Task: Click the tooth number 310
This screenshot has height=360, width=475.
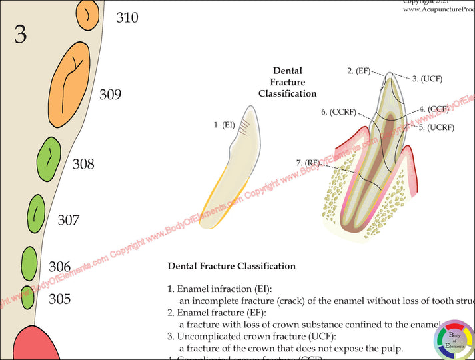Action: pos(127,17)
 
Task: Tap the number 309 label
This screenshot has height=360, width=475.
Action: pos(111,94)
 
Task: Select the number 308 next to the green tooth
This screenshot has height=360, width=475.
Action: pos(83,164)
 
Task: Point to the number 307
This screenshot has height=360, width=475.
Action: pos(69,220)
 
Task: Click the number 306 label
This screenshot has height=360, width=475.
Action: pos(59,267)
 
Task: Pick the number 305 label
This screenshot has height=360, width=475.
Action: pos(59,299)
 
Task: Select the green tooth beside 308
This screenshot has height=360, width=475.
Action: pos(49,161)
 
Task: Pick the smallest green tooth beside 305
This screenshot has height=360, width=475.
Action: pos(27,298)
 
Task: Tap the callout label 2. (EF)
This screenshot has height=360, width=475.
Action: pos(358,70)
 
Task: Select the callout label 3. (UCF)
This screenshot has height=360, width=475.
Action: pos(427,79)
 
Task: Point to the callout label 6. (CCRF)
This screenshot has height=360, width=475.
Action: pos(338,113)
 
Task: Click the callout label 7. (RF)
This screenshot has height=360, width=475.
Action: pos(308,163)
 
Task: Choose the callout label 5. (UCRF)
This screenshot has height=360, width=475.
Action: pos(435,127)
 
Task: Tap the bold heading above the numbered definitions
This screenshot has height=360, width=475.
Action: pos(231,266)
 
